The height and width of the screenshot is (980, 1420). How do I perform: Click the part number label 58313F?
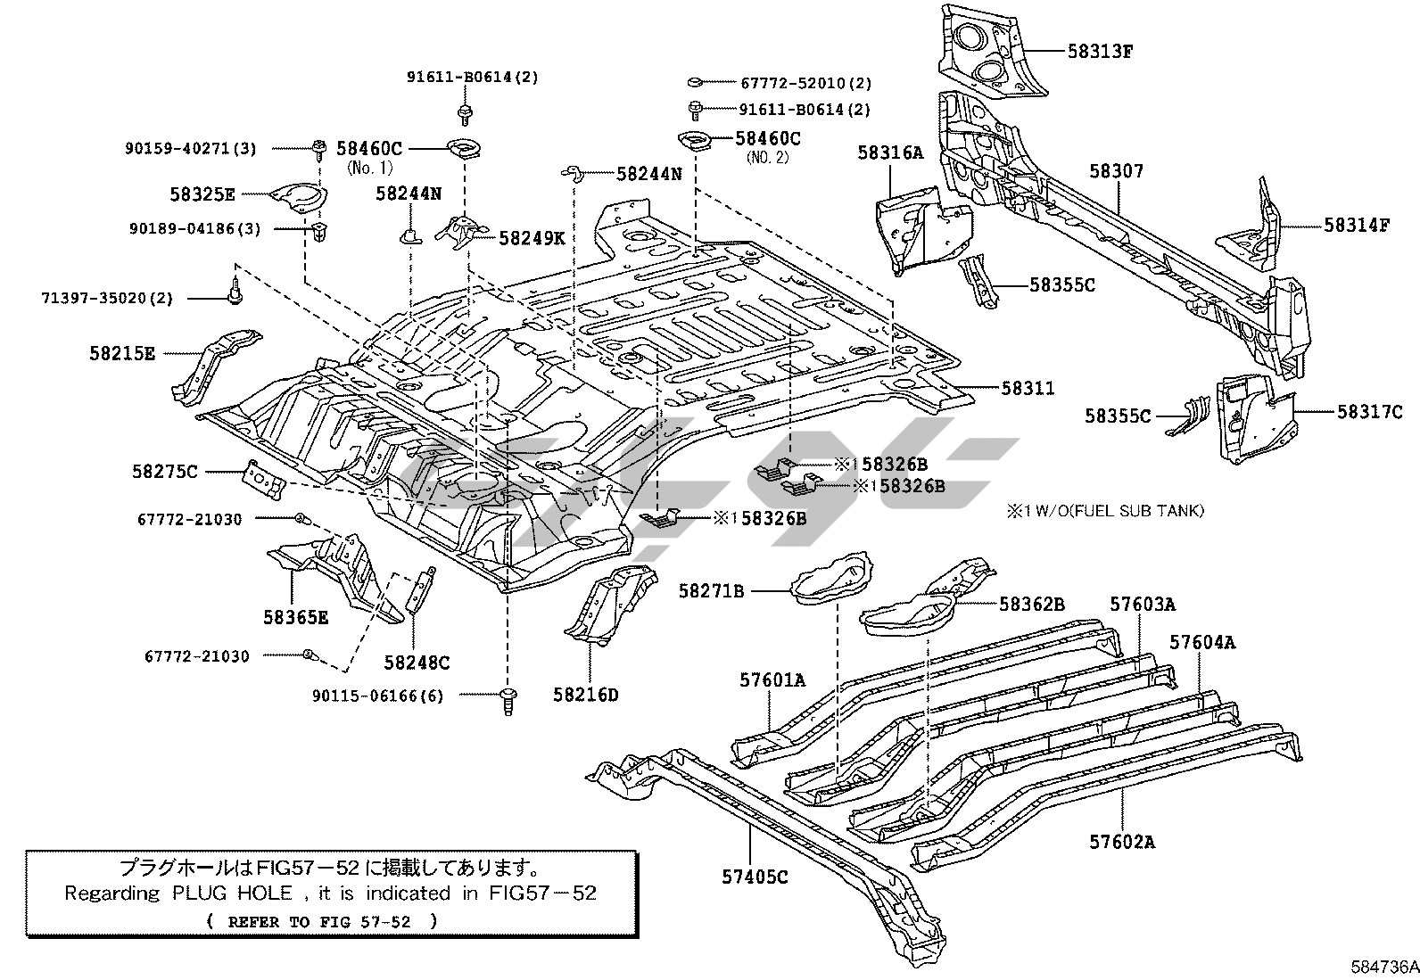1100,52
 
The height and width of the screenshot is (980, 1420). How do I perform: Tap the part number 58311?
1028,388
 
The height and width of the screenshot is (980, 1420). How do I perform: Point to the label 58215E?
122,353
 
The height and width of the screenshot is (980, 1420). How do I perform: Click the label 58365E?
295,617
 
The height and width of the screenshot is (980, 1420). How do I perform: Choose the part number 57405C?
755,876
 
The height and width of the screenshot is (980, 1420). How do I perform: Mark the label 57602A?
1122,841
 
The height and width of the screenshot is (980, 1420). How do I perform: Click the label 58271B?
711,590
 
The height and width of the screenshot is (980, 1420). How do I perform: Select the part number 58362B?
1032,604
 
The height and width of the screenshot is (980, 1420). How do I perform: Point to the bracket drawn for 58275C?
263,480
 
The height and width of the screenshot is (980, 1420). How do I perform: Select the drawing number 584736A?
1383,967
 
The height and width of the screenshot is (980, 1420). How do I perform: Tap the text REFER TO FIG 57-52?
319,922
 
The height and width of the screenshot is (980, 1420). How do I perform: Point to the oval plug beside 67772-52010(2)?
696,82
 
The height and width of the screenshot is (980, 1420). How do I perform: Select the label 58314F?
1357,225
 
